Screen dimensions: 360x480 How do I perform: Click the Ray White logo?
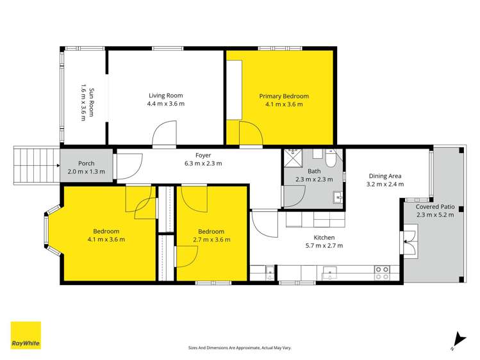click(x=26, y=335)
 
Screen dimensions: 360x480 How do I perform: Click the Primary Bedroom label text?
click(x=283, y=96)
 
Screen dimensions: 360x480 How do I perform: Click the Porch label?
click(x=86, y=163)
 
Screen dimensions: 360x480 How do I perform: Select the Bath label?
click(x=314, y=171)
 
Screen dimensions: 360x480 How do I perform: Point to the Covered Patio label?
click(x=435, y=207)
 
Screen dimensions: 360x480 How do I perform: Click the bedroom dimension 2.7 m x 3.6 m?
click(x=211, y=240)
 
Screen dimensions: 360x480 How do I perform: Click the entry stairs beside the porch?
click(x=37, y=164)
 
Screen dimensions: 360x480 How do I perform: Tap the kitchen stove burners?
click(x=383, y=273)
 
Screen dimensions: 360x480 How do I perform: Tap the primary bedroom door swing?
click(x=251, y=133)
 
